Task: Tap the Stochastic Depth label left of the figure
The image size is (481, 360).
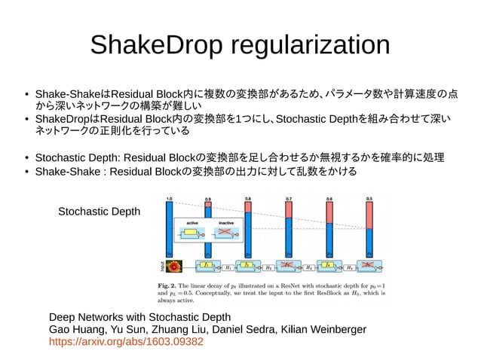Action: [x=99, y=213]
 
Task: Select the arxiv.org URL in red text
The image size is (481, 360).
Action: [x=126, y=341]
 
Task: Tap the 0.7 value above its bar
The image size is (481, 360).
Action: [x=289, y=199]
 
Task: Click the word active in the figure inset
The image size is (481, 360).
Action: [x=193, y=223]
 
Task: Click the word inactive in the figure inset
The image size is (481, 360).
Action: [x=227, y=223]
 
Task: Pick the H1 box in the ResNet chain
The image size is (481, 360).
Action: [x=228, y=267]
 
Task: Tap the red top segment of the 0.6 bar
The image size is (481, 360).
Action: [x=329, y=214]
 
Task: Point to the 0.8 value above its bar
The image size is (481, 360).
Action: [x=248, y=199]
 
